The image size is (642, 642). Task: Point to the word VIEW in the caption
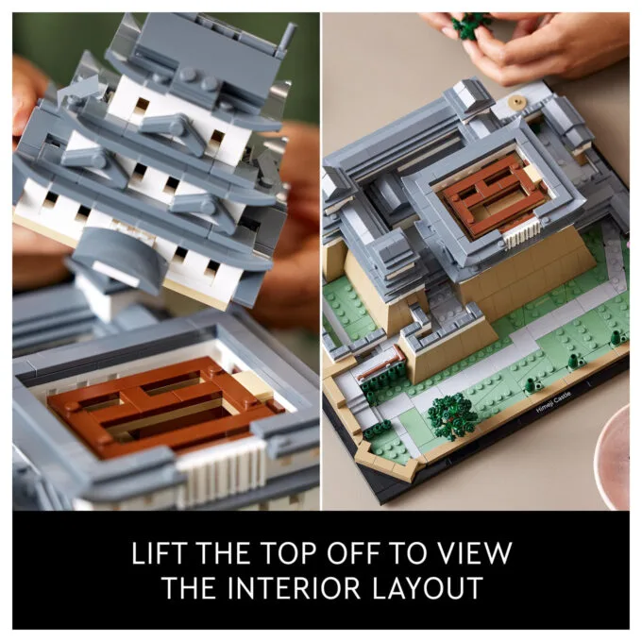point(478,552)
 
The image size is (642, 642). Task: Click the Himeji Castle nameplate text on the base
point(553,401)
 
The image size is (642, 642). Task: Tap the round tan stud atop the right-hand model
point(516,101)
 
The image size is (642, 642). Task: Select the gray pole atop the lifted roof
point(287,38)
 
